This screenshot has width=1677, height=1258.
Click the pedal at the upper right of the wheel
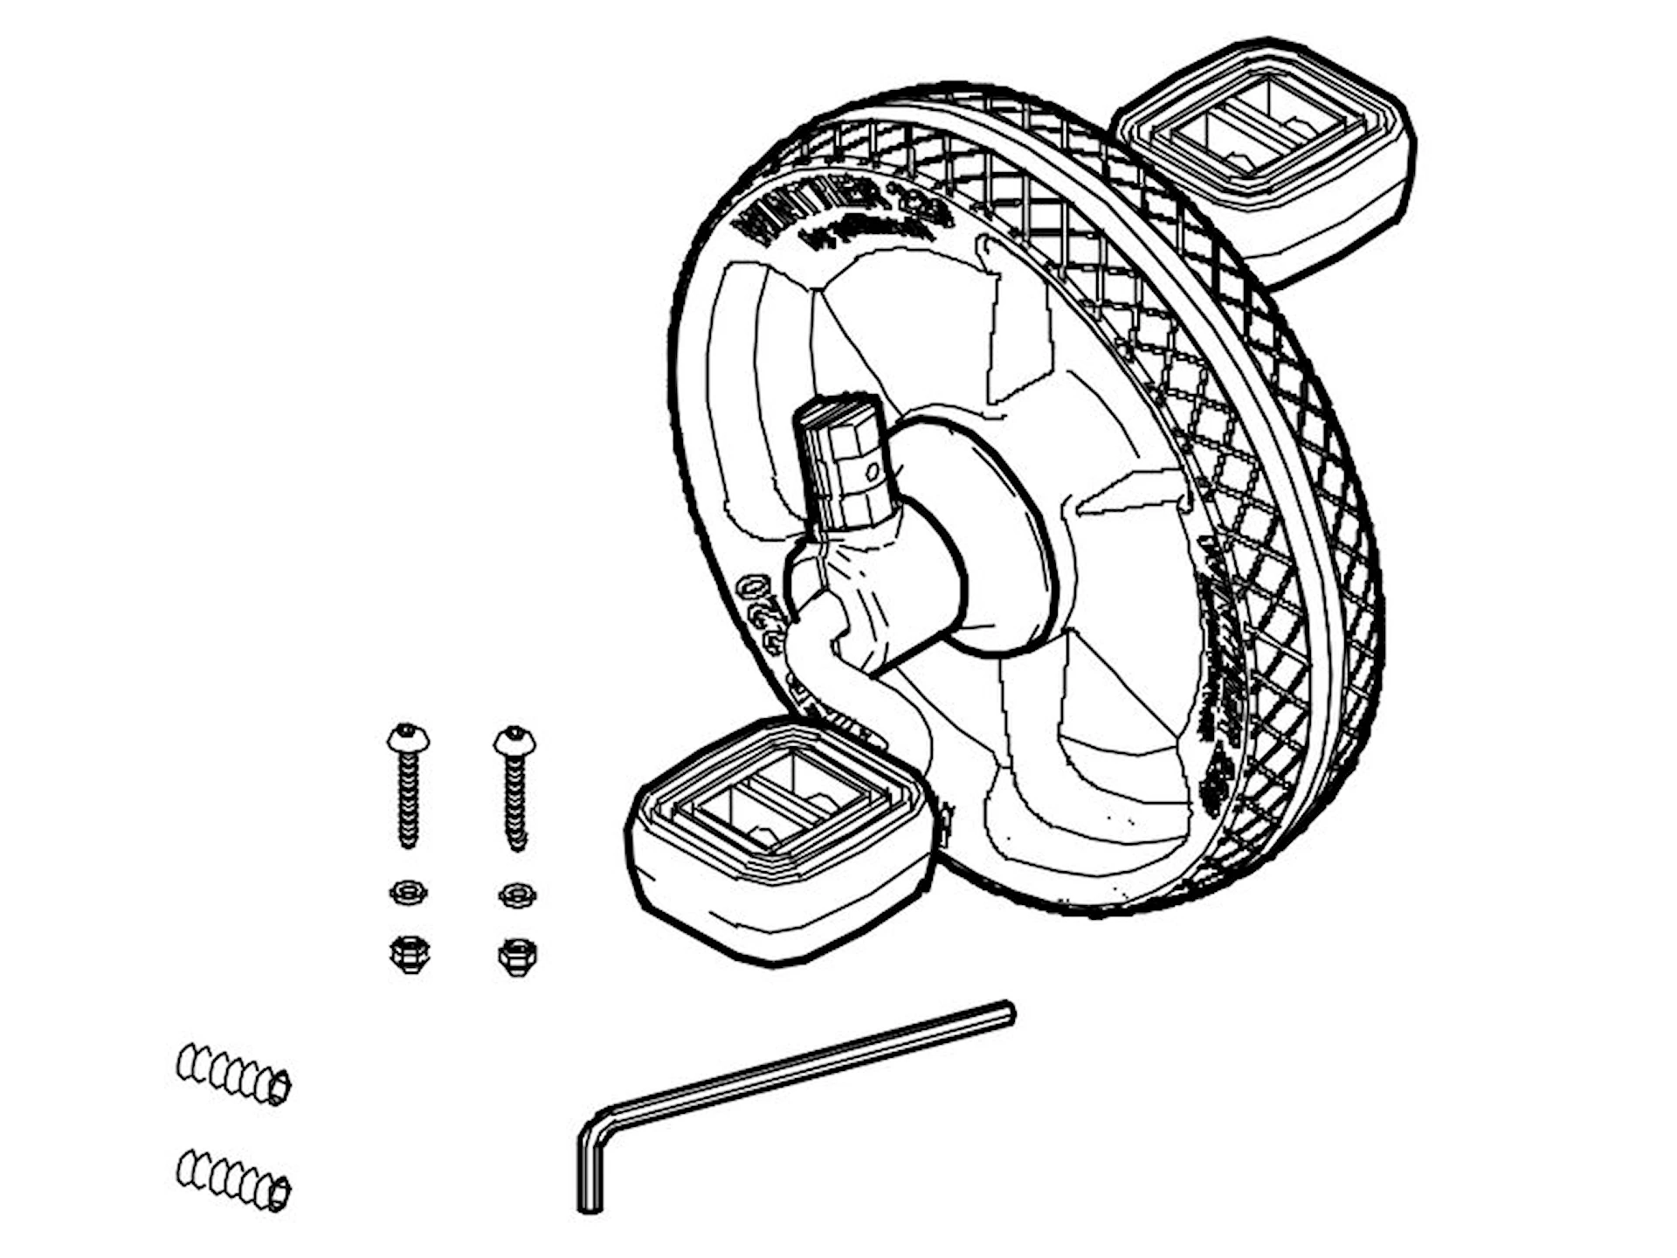click(x=1266, y=157)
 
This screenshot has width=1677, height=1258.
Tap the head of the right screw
click(x=514, y=741)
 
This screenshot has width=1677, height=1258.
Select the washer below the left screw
click(x=407, y=893)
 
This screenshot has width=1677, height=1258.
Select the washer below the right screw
click(x=517, y=895)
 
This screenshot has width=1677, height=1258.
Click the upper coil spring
click(x=233, y=1074)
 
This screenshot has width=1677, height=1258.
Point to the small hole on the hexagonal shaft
click(x=870, y=473)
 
